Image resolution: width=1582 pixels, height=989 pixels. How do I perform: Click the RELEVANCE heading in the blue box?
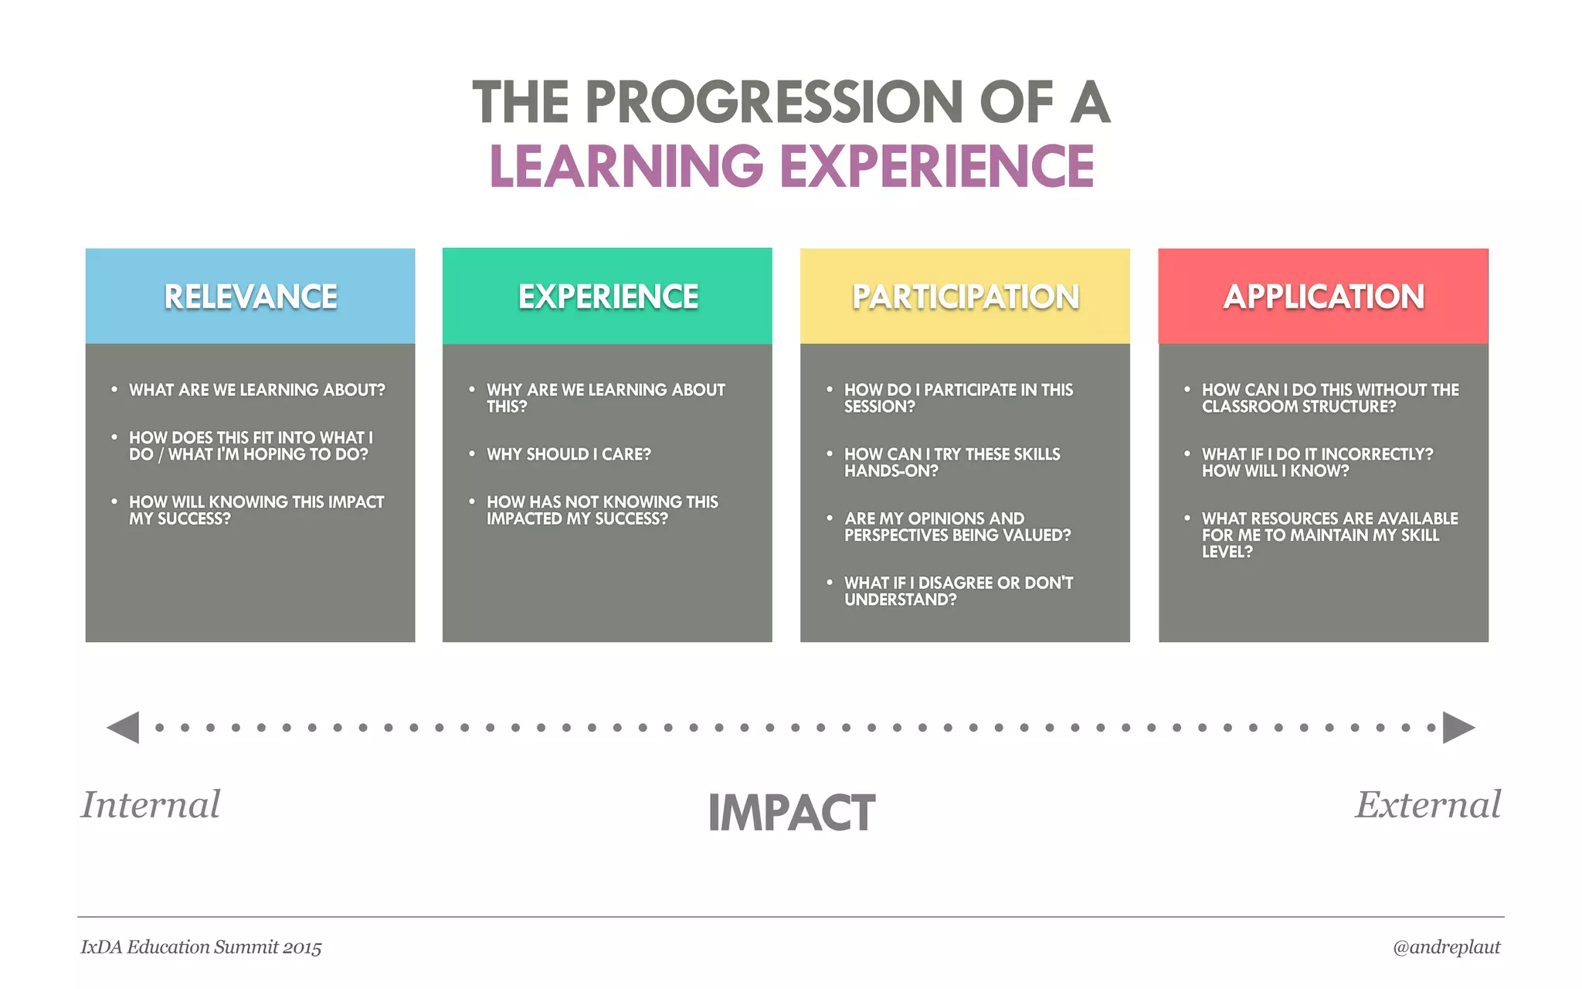(x=250, y=297)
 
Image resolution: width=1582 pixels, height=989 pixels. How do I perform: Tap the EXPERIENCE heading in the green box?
(x=608, y=297)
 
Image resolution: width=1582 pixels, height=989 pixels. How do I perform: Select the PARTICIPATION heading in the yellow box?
(x=966, y=297)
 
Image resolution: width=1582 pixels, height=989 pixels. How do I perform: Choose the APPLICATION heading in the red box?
(x=1323, y=297)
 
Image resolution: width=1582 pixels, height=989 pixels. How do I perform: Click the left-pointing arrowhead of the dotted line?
(x=124, y=727)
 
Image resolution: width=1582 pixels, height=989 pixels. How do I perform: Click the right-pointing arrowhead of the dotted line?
(x=1458, y=727)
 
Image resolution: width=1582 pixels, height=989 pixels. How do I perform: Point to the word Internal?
(x=151, y=804)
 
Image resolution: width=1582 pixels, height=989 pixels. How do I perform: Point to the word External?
(x=1428, y=804)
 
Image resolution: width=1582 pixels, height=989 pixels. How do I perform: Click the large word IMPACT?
(x=791, y=813)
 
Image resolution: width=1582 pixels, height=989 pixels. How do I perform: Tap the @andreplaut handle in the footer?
(x=1446, y=947)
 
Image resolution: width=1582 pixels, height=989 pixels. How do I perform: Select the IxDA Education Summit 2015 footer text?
(x=201, y=947)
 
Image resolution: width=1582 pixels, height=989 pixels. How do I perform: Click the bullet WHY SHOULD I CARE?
(x=569, y=454)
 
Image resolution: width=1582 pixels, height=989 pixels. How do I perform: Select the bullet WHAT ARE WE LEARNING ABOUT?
(x=256, y=389)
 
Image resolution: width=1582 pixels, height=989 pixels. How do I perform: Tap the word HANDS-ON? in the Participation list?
(x=891, y=471)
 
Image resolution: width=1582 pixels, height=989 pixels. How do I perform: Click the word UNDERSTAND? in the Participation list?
(x=900, y=600)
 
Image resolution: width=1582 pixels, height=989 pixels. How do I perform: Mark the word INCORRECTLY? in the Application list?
(x=1383, y=454)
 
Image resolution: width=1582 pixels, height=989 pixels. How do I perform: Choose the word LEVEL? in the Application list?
(x=1227, y=552)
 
